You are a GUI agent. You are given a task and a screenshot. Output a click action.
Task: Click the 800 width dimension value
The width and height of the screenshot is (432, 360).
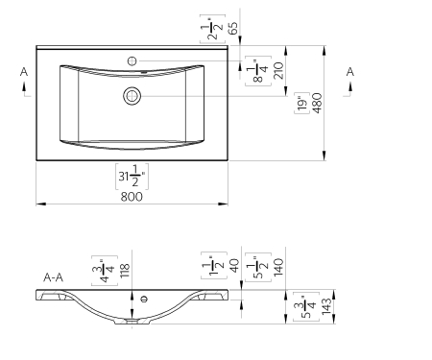pyautogui.click(x=132, y=197)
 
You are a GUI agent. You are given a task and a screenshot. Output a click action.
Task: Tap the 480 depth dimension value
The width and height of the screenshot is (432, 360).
pyautogui.click(x=317, y=103)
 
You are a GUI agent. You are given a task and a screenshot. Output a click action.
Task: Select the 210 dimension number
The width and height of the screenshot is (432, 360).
pyautogui.click(x=278, y=71)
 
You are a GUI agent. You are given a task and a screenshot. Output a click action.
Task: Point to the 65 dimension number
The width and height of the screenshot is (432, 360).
pyautogui.click(x=233, y=28)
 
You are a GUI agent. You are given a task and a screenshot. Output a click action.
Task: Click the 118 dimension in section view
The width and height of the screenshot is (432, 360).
pyautogui.click(x=125, y=271)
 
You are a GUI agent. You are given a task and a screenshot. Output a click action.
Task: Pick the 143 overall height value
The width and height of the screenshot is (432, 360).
pyautogui.click(x=326, y=306)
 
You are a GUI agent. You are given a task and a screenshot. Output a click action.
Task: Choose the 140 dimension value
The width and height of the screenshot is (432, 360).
pyautogui.click(x=278, y=267)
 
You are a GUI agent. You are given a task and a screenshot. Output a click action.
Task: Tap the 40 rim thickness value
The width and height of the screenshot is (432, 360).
pyautogui.click(x=234, y=266)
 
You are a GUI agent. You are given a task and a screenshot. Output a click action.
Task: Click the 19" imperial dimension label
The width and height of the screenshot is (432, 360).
pyautogui.click(x=302, y=103)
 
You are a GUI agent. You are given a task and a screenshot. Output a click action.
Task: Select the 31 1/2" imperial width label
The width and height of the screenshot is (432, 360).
pyautogui.click(x=132, y=176)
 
